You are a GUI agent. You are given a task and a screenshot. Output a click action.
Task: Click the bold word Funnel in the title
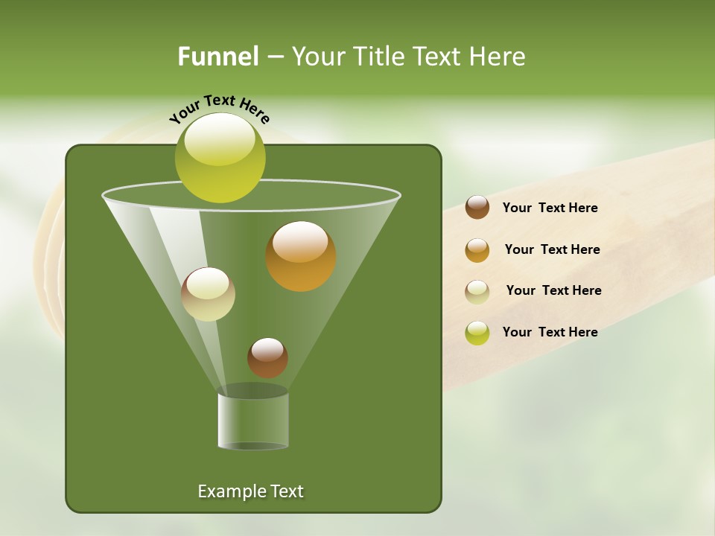coord(217,57)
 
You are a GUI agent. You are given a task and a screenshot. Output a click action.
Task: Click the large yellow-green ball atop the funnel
coord(220,157)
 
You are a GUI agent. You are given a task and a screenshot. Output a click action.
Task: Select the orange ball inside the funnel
coord(300,256)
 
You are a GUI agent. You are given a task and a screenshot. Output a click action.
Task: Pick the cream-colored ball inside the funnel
coord(208,294)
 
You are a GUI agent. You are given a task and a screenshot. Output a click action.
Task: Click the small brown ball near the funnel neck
coord(267,357)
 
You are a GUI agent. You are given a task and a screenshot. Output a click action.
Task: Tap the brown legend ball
coord(477,208)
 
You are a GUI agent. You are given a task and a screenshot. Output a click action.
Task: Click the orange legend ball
coord(477,250)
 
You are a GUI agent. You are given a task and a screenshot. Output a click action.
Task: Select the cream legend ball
coord(477,291)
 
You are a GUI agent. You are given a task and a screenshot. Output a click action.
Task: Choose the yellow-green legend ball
coord(477,333)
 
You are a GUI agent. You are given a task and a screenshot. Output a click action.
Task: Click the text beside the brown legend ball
coord(550,208)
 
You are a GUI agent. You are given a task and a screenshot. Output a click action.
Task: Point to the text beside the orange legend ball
coord(552,249)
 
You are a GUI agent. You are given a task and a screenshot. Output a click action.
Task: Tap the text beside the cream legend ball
coord(553,290)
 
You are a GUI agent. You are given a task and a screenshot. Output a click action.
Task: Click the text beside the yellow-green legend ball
coord(550,332)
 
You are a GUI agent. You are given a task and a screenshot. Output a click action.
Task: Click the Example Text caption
coord(250,491)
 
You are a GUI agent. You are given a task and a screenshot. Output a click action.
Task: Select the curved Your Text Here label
coord(219,109)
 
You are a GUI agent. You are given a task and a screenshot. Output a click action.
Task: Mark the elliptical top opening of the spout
coord(253,391)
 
